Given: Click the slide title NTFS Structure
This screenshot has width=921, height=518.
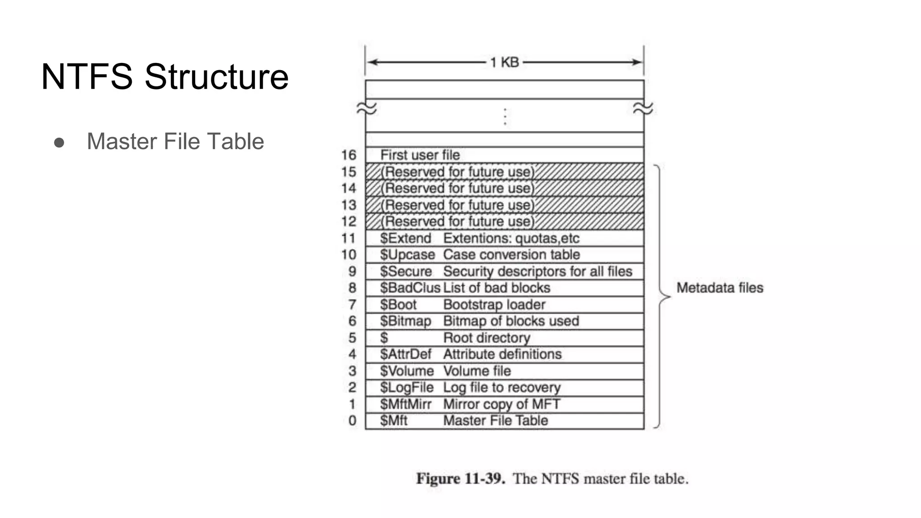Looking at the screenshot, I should point(165,76).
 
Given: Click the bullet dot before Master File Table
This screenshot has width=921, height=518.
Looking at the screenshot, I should point(59,143).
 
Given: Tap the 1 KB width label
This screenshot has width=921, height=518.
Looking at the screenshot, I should point(504,62).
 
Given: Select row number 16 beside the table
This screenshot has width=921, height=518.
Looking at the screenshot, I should point(349,155).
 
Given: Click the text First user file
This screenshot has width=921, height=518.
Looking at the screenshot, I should point(420,155).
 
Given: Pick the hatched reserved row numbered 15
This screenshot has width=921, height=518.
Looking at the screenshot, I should point(505,172).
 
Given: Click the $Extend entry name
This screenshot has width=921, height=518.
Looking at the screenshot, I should point(405,238).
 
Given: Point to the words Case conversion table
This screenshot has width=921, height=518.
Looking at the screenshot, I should point(511,255).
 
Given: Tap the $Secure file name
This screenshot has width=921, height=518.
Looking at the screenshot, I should point(406,272).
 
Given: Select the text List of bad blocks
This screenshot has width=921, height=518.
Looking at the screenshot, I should point(496,288).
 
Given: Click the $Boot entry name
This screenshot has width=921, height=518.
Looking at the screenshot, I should point(398,305).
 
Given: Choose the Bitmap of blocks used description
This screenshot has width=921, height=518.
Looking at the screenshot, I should point(511,321).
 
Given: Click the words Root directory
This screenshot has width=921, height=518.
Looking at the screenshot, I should point(487,338).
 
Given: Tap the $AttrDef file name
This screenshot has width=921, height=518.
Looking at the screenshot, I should point(405,354).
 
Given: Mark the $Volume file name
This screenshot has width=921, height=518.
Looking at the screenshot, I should point(407,371).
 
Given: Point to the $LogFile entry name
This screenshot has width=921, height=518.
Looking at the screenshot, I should point(407,388).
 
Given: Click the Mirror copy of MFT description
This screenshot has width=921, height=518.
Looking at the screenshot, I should point(501,404).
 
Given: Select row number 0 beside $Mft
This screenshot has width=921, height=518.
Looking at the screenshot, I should point(352,421).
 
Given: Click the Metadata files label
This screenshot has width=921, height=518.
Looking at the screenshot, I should point(720,288).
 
